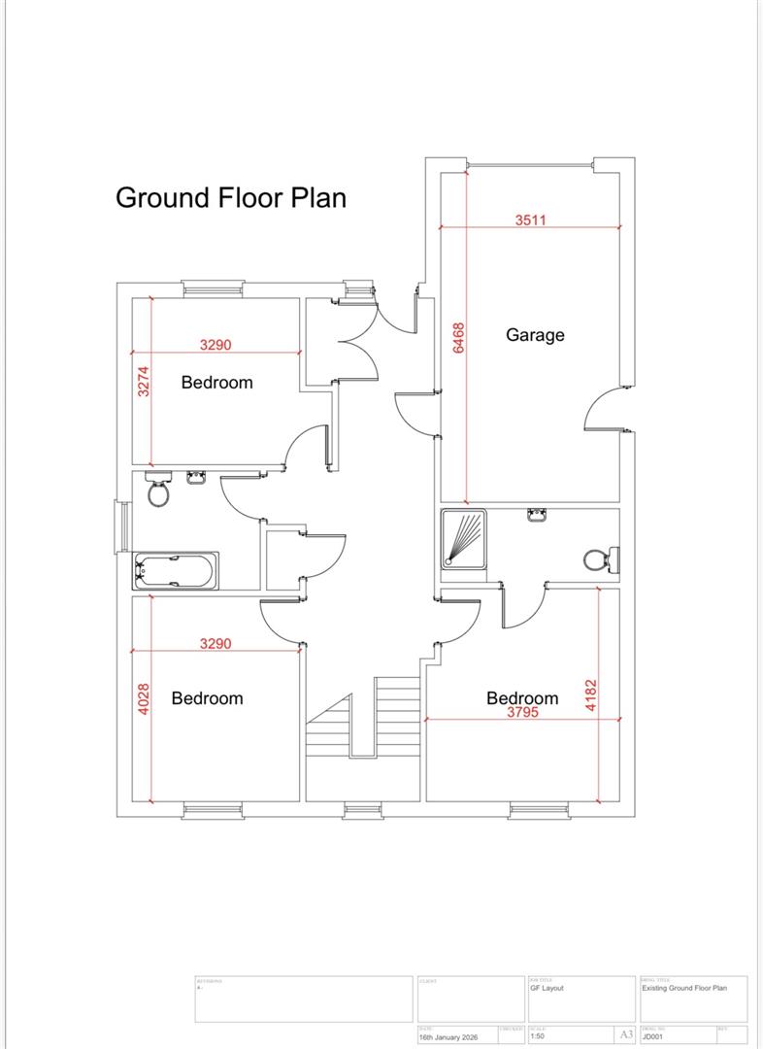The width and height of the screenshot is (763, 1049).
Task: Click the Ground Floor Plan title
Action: (230, 197)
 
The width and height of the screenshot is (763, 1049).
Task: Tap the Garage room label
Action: (535, 335)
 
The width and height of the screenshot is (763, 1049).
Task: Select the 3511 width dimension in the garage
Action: (530, 220)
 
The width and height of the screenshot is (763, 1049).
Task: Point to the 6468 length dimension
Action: (459, 339)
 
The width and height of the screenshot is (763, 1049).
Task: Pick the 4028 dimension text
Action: (144, 699)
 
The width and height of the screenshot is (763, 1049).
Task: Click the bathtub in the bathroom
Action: (176, 570)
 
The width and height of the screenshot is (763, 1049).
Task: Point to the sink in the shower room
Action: (537, 515)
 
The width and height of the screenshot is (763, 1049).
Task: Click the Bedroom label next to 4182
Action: (522, 697)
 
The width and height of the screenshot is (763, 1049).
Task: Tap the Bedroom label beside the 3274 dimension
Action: (216, 383)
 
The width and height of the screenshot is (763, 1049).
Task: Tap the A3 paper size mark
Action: (628, 1034)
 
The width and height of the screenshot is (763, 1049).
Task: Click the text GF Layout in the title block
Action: (547, 988)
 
